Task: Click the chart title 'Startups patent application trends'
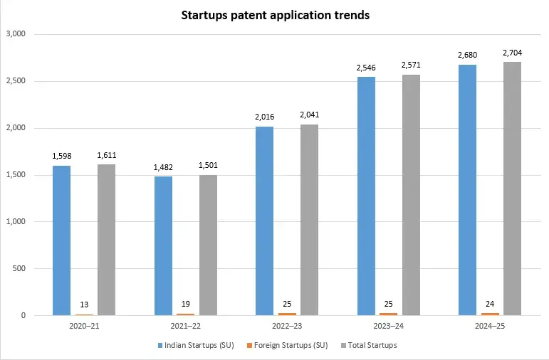[275, 15]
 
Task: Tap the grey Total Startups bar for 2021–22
[208, 245]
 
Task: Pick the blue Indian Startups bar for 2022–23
[264, 221]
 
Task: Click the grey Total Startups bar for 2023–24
[411, 195]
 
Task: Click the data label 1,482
[163, 167]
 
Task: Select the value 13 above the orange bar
[84, 305]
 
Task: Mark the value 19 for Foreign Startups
[186, 304]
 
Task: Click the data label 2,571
[411, 65]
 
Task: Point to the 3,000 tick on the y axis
[16, 34]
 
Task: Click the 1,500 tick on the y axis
[16, 175]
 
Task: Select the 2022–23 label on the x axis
[287, 325]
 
